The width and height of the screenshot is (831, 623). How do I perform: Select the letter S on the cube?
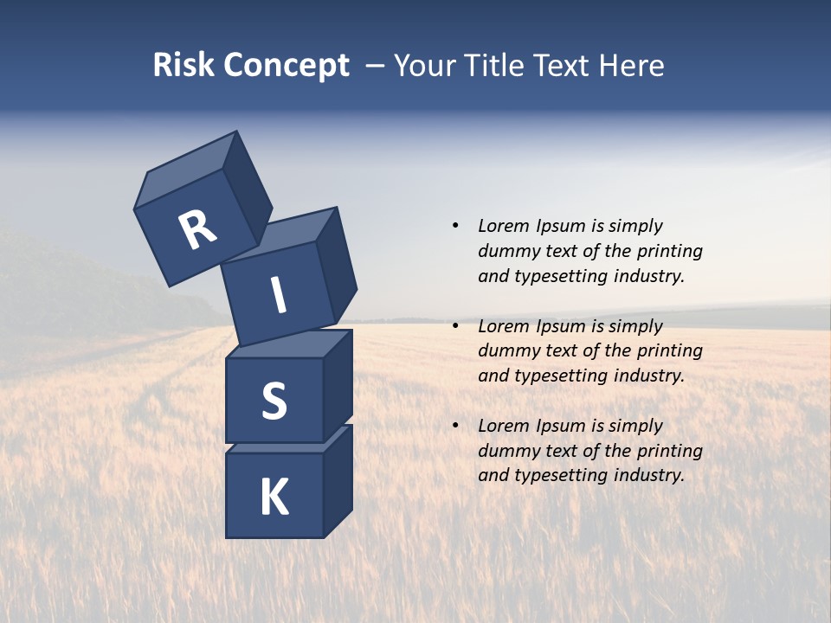(x=274, y=401)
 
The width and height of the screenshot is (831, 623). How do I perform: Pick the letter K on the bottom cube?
(x=274, y=498)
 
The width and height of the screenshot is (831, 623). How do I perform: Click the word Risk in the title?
(x=183, y=66)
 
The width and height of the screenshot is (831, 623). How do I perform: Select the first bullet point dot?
(x=454, y=226)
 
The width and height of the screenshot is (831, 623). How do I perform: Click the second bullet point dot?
(x=454, y=326)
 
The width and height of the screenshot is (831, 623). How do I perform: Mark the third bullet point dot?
(x=454, y=426)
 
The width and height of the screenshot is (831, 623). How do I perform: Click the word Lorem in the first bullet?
(x=502, y=226)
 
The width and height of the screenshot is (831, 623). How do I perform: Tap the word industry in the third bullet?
(x=648, y=475)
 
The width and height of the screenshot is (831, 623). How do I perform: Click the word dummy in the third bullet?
(x=505, y=451)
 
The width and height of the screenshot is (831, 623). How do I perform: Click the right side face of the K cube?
(x=338, y=485)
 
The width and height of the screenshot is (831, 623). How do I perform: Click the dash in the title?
(x=376, y=67)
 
